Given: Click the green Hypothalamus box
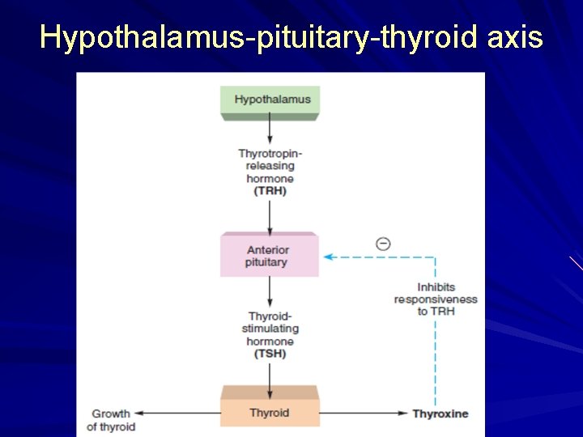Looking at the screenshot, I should pos(270,100).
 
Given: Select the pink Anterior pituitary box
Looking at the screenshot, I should pos(269,256).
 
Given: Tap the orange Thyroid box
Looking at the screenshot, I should pos(269,413).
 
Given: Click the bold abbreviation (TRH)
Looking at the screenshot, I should pos(270,191).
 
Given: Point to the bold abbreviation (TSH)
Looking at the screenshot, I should pos(270,354).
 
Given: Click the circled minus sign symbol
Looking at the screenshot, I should pos(383,244).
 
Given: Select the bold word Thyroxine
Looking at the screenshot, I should pos(440,414).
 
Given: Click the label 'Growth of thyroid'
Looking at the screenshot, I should pos(111,420).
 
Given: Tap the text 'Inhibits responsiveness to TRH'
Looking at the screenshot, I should pos(436,299).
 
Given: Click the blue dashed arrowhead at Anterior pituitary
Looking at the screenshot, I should pos(328,257).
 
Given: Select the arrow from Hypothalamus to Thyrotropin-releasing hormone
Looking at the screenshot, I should pos(270,132).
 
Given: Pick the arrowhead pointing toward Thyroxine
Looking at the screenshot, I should pos(402,414).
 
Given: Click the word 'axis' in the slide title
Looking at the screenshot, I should pos(516,36).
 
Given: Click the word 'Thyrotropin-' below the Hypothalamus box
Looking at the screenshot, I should pos(270,153).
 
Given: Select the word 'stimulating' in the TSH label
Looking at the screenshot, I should pos(270,329).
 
